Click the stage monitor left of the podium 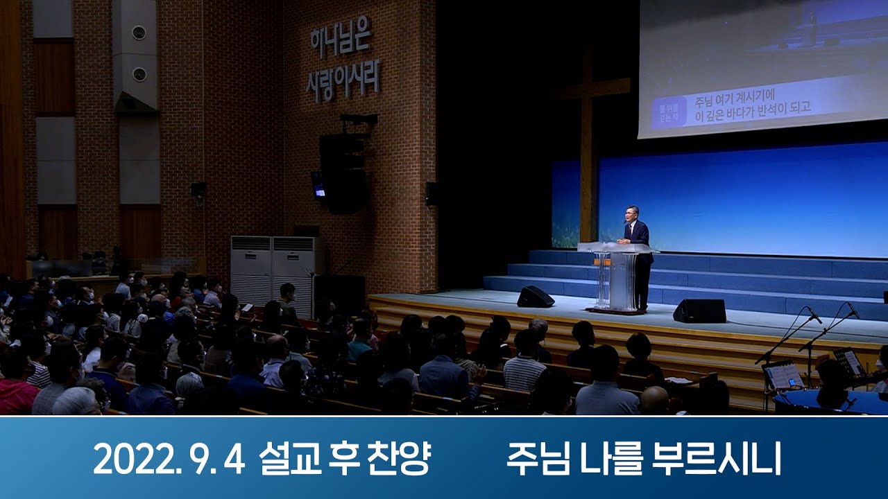[535, 297]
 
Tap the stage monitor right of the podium [699, 311]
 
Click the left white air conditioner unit [250, 270]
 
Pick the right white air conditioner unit [294, 267]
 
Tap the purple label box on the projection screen [668, 111]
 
